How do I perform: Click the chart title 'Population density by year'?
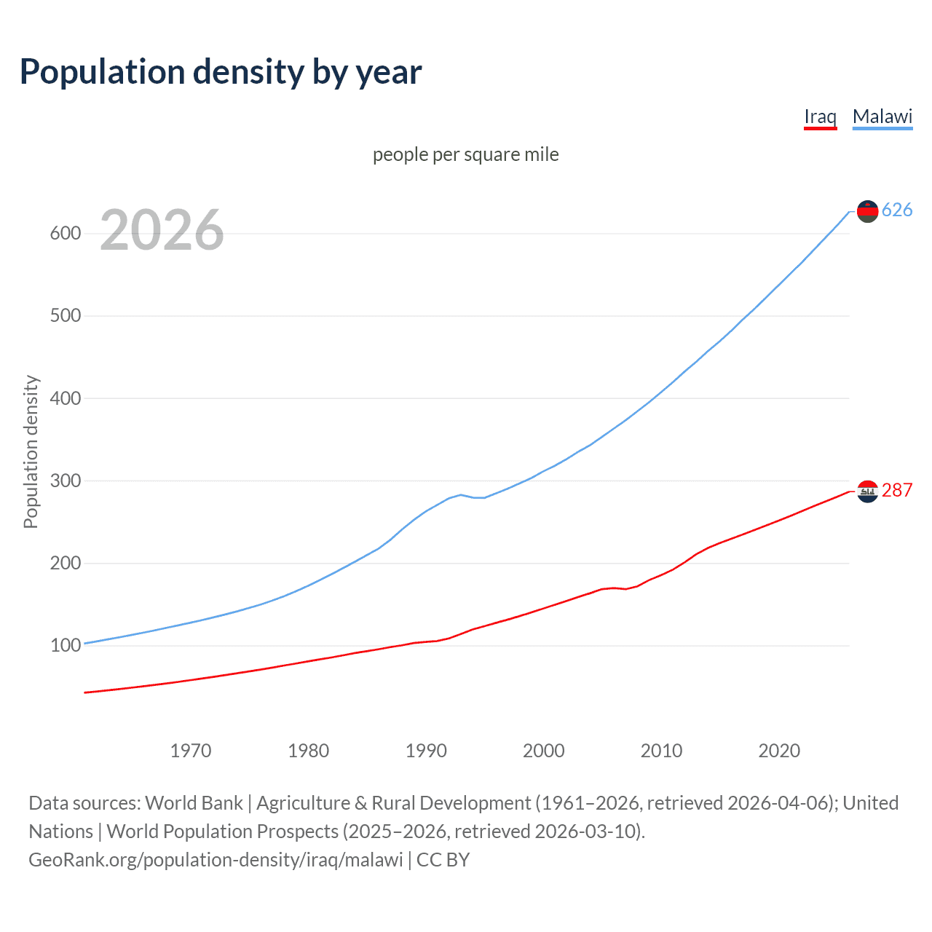pos(221,72)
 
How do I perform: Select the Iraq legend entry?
pos(820,116)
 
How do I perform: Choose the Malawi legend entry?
pos(882,116)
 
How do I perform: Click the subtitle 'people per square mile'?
pos(465,154)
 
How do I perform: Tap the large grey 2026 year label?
pos(162,230)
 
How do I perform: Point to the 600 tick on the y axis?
pos(65,234)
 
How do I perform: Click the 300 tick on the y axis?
pos(65,481)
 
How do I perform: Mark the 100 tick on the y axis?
pos(65,646)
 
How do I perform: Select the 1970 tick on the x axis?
pos(191,751)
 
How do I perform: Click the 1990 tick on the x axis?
pos(426,751)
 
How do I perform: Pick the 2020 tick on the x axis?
pos(779,751)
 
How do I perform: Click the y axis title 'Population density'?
pos(31,451)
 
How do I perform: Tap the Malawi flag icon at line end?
pos(867,211)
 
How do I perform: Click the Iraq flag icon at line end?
pos(867,491)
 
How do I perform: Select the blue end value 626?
pos(897,210)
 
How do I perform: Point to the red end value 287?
pos(897,491)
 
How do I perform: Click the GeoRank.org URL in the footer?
pos(216,860)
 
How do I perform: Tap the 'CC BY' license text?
pos(443,860)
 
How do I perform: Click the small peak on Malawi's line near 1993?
pos(461,494)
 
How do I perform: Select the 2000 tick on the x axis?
pos(544,751)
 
